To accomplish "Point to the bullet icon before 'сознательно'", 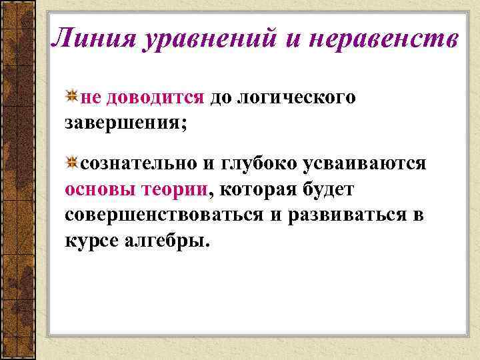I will (73, 162).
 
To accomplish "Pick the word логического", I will (297, 98).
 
